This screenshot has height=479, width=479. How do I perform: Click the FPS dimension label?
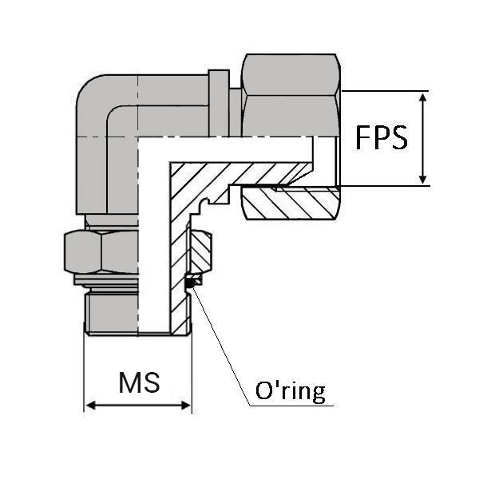(382, 137)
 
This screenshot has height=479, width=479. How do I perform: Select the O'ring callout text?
(290, 391)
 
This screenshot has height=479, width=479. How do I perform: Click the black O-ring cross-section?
(191, 281)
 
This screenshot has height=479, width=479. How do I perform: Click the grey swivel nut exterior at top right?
(291, 96)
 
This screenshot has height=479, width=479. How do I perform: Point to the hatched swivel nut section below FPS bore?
(291, 205)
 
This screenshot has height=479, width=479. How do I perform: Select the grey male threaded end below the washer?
(112, 311)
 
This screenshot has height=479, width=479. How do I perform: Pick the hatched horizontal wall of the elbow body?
(239, 172)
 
